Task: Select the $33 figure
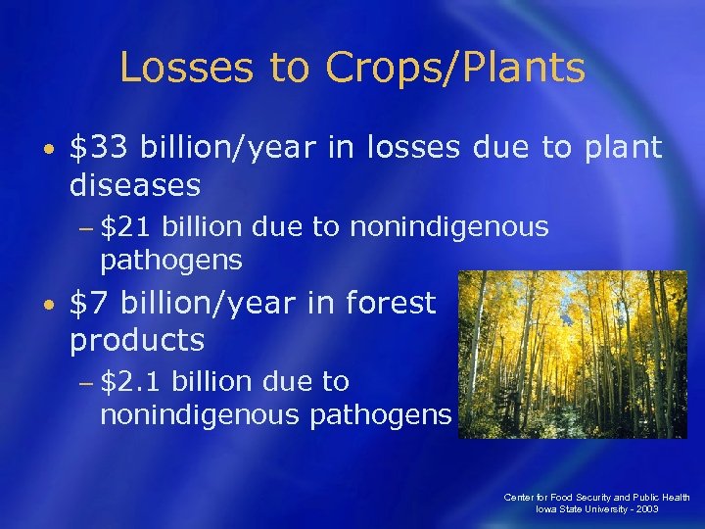tap(101, 148)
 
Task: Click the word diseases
tap(135, 183)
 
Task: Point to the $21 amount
tap(126, 227)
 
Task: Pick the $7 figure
tap(90, 304)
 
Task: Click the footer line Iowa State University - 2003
tap(596, 510)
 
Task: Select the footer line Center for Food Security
tap(596, 498)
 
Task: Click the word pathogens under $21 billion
tap(170, 261)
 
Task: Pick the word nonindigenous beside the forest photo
tap(199, 414)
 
